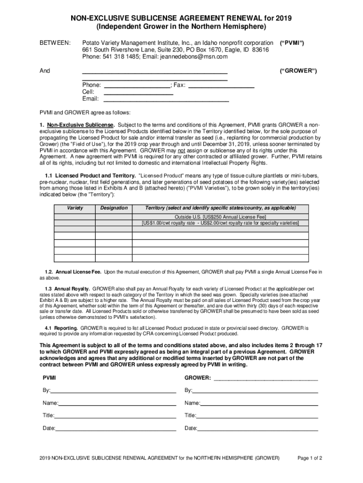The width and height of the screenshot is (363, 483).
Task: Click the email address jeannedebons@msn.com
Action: pyautogui.click(x=187, y=57)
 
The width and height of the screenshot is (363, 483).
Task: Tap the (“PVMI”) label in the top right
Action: pyautogui.click(x=292, y=42)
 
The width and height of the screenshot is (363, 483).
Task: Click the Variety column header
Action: pyautogui.click(x=75, y=208)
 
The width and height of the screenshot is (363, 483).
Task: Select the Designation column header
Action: pyautogui.click(x=114, y=208)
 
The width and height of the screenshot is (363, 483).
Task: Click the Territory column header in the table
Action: pyautogui.click(x=220, y=208)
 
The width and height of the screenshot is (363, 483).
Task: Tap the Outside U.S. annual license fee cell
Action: pyautogui.click(x=220, y=217)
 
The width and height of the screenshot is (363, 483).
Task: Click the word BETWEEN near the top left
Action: pyautogui.click(x=54, y=43)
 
